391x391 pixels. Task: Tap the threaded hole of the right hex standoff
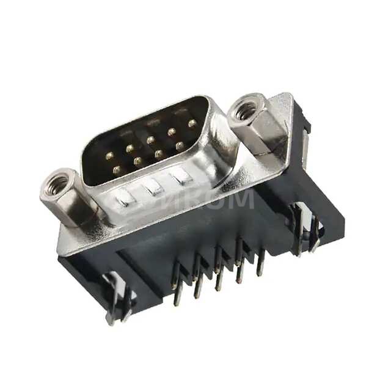pos(247,111)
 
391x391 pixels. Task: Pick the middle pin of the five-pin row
pos(150,140)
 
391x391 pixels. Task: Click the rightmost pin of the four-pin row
pos(180,146)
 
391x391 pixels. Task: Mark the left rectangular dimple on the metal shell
pos(125,197)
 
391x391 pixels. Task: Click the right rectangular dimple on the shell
pos(181,176)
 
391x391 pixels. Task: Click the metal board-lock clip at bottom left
pos(116,299)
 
